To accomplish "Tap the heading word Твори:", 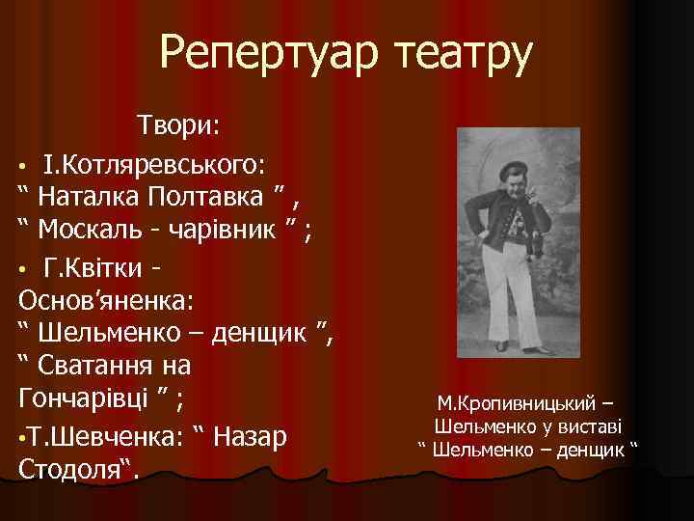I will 179,125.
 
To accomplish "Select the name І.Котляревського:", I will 155,161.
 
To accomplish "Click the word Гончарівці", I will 86,398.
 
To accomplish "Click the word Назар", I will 252,435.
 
